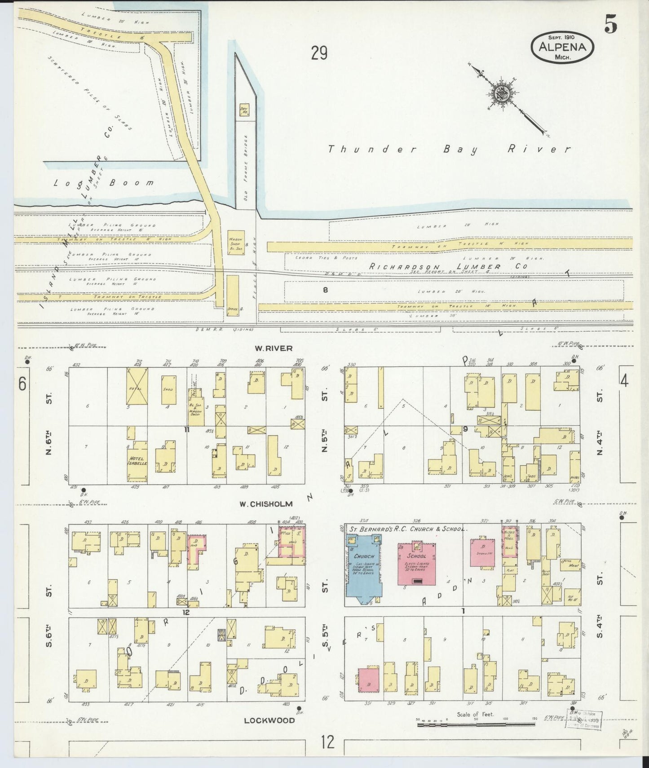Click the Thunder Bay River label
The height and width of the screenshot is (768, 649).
coord(449,150)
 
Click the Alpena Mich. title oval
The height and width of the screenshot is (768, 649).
coord(563,47)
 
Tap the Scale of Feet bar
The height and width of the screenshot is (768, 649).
coord(475,724)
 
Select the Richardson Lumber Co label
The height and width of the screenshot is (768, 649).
coord(448,266)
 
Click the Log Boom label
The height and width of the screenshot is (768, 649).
coord(103,183)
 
